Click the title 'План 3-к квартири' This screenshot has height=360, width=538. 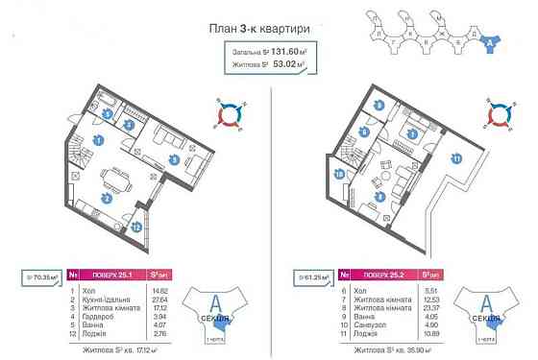269,29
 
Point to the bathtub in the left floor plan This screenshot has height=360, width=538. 108,102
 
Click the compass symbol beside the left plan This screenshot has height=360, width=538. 227,113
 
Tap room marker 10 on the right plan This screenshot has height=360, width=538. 341,174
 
